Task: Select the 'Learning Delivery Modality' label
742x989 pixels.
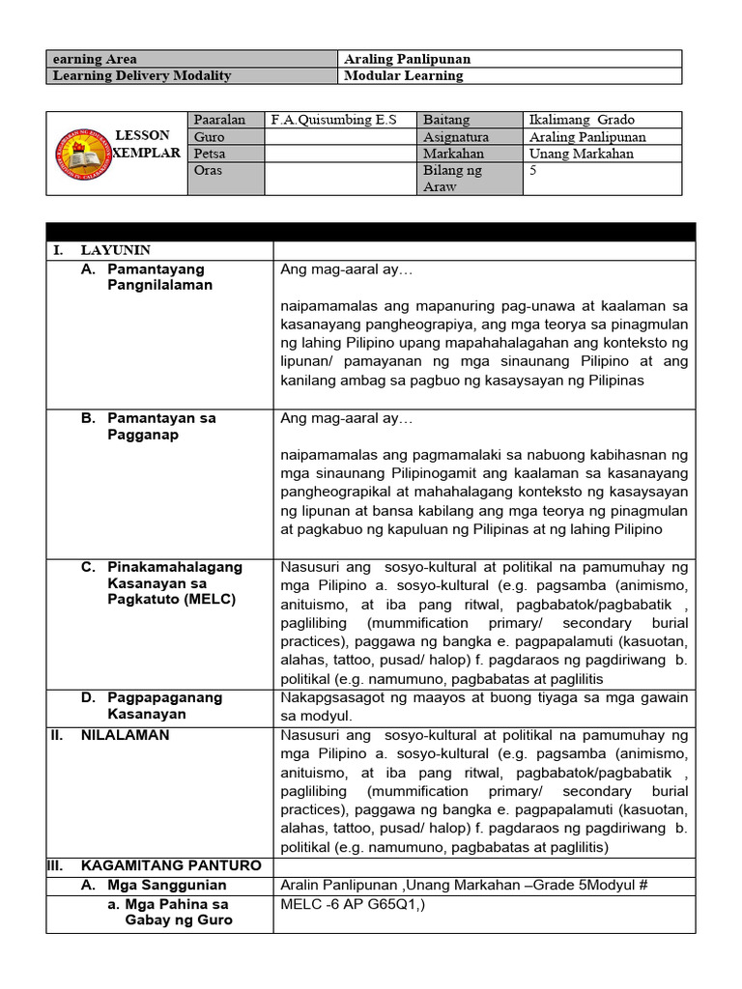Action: click(x=142, y=75)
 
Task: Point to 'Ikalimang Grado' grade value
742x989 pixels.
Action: click(x=582, y=120)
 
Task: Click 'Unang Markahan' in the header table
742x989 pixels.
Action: click(x=582, y=154)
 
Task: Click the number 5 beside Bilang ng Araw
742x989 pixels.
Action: click(x=533, y=171)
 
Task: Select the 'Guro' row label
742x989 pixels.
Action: click(x=209, y=137)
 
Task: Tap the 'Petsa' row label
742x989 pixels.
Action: click(x=212, y=154)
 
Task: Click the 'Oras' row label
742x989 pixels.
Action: click(x=210, y=171)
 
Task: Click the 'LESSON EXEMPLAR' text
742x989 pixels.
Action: click(x=145, y=145)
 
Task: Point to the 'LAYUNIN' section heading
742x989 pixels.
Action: click(x=115, y=250)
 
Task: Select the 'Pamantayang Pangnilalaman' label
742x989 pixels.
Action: click(x=160, y=277)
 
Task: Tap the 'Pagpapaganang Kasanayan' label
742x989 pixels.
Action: click(x=165, y=705)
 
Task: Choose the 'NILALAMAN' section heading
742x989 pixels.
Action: click(x=125, y=735)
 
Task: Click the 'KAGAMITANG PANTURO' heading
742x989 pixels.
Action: click(x=170, y=865)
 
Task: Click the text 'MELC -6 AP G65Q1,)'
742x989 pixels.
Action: click(x=353, y=905)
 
